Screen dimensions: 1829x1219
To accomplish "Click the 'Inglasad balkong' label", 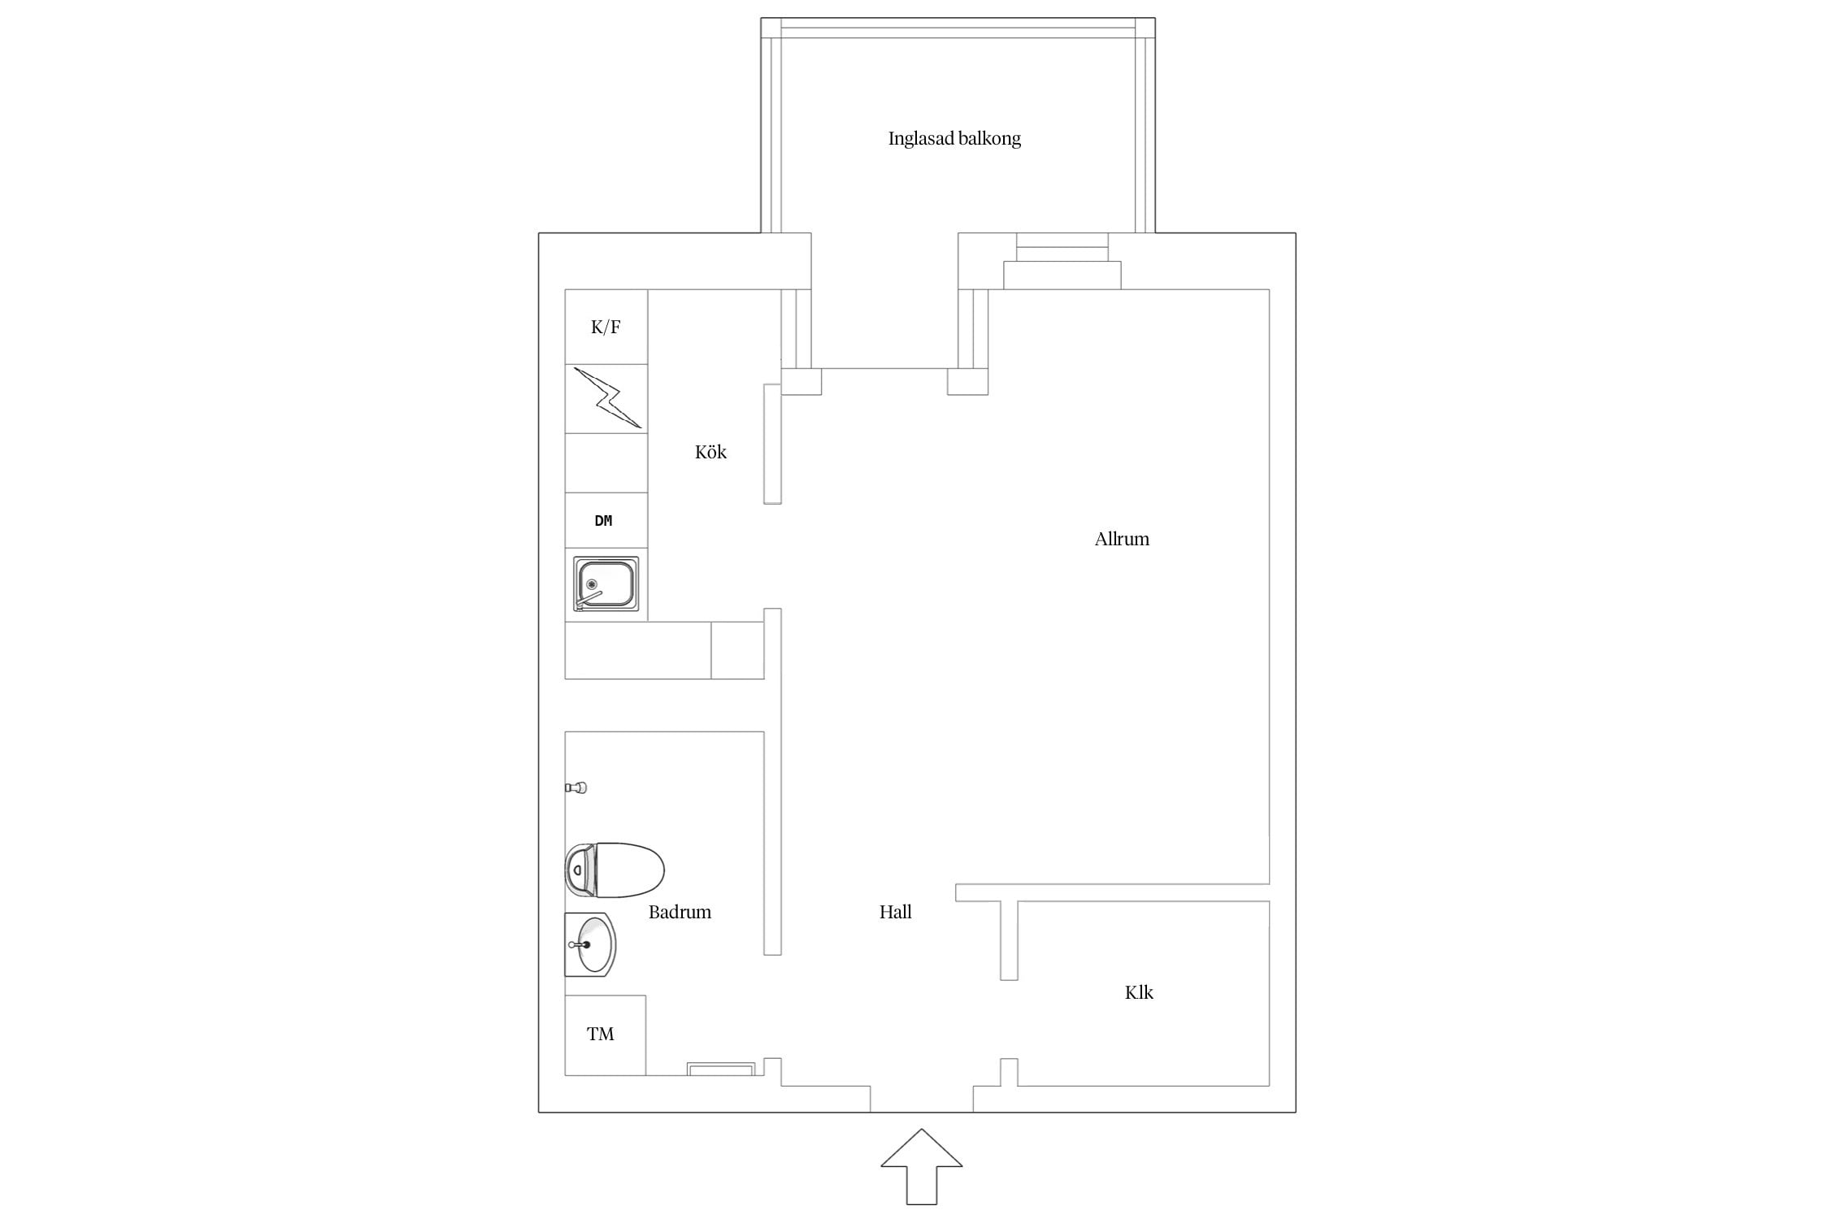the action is pos(954,139).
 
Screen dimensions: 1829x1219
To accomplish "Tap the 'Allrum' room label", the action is pos(1122,539).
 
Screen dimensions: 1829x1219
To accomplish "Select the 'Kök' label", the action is pos(710,452).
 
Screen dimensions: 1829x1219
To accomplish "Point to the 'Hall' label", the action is pos(895,912).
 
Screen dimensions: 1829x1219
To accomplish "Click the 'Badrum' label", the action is pos(680,912).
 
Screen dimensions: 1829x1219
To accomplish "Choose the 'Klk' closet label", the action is pos(1139,992).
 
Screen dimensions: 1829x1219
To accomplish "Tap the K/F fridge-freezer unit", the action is pos(606,327).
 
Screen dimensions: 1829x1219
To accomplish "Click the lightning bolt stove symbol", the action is pos(607,397).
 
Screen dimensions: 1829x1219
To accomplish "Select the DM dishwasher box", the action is pos(606,520).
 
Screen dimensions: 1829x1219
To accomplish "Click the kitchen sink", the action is pos(606,583).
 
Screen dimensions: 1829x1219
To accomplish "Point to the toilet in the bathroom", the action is pos(615,870).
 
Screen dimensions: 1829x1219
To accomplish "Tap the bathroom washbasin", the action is pos(590,944).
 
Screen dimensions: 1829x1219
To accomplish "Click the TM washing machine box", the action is pos(606,1035).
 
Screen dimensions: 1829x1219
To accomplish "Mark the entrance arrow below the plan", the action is pos(922,1166).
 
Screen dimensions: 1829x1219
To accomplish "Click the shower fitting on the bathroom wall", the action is pos(576,787).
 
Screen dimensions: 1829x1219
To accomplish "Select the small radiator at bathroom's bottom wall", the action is pos(721,1069).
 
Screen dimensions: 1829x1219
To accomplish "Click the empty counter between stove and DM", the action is pos(606,462).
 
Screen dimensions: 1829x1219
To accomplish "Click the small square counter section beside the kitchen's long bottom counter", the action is pos(737,650).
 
